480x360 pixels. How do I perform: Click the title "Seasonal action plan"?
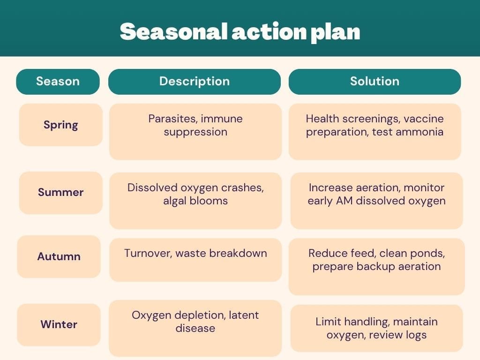point(240,31)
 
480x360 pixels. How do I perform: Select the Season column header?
point(58,82)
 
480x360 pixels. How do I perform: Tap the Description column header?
point(195,82)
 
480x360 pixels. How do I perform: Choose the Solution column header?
point(375,82)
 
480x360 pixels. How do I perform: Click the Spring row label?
point(60,125)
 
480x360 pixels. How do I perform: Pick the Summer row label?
point(60,192)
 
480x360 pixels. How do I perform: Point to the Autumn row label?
point(59,256)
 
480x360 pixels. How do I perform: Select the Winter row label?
point(59,324)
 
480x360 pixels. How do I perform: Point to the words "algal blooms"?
point(195,201)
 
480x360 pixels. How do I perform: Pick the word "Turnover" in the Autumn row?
point(148,254)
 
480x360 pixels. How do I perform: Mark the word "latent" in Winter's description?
point(244,315)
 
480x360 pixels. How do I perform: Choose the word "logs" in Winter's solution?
point(416,335)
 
